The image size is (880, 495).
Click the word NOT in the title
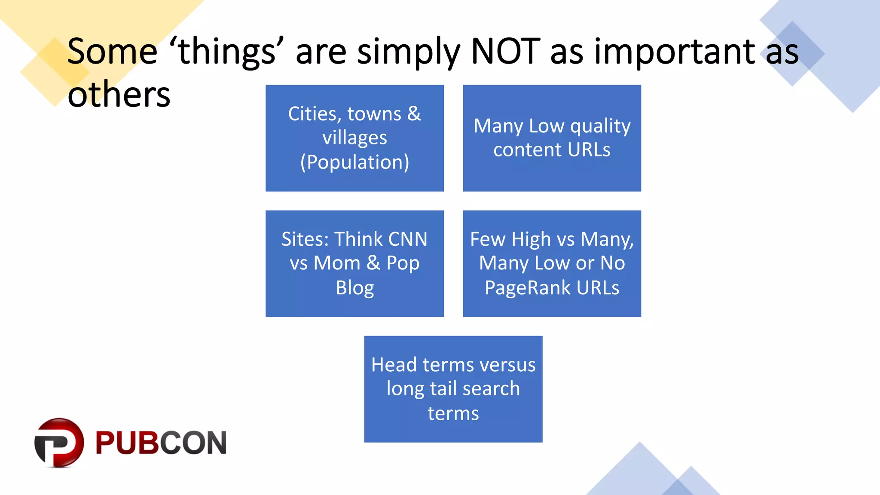click(505, 52)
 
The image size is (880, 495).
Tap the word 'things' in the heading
click(227, 52)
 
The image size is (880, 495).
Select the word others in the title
click(119, 95)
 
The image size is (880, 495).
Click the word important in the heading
click(675, 52)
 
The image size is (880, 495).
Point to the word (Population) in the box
click(354, 162)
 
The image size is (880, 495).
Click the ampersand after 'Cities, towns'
click(414, 114)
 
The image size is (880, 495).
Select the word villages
click(354, 138)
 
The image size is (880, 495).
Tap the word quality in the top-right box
click(600, 126)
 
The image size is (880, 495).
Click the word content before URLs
click(528, 150)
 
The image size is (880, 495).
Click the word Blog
click(354, 288)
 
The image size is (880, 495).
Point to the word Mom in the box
click(336, 263)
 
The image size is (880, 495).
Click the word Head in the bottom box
click(394, 365)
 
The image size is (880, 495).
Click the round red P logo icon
click(59, 443)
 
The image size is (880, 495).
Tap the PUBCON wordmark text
click(161, 443)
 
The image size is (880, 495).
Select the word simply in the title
click(408, 52)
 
